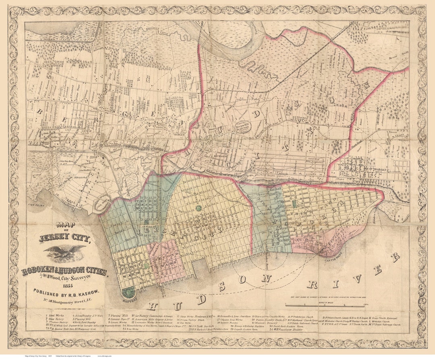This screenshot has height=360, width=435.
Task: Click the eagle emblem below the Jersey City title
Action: (64, 252)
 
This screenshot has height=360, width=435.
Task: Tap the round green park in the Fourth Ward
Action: (199, 208)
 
